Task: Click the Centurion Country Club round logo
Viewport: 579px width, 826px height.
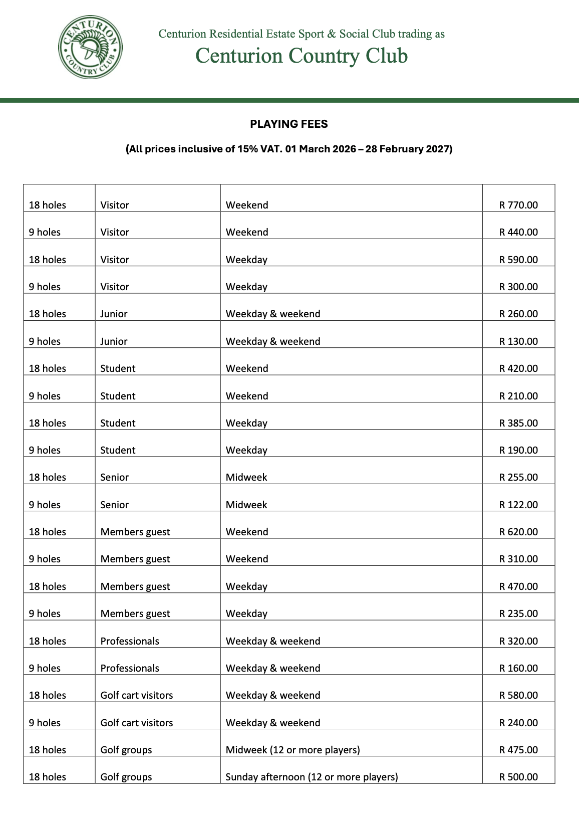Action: (x=90, y=47)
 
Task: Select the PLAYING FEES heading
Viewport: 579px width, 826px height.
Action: (x=289, y=124)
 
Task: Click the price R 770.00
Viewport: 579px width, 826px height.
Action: (x=518, y=205)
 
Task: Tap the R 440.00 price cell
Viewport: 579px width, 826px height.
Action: (x=518, y=232)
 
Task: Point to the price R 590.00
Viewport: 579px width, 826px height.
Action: (x=518, y=260)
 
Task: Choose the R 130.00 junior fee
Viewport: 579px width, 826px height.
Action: (x=518, y=341)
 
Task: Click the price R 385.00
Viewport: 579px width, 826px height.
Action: (x=518, y=423)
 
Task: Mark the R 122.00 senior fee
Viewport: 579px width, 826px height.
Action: (x=518, y=505)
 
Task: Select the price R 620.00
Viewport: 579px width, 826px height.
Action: (x=518, y=532)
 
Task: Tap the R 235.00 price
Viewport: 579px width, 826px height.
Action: (x=518, y=613)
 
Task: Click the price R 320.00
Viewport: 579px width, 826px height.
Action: (x=518, y=641)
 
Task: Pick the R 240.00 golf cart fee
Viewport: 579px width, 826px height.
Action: (x=518, y=723)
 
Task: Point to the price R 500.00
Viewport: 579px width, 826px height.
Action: (x=518, y=777)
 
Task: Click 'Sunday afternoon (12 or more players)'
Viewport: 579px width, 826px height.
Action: (x=312, y=777)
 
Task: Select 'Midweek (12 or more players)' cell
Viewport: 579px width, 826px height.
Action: (x=293, y=750)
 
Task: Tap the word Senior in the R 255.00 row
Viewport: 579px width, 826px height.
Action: (x=114, y=477)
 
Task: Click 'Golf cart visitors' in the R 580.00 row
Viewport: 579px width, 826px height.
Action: (x=136, y=695)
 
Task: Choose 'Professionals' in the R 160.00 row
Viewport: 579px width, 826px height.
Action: (x=130, y=668)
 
